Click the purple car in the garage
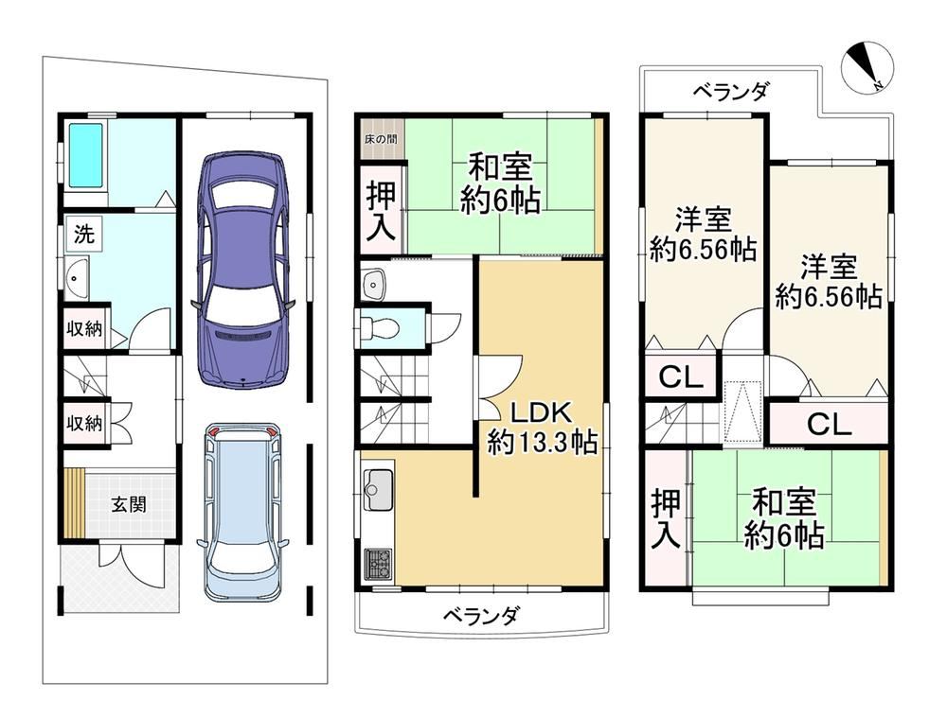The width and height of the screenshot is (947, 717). (243, 270)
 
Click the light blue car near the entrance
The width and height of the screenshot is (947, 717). (243, 512)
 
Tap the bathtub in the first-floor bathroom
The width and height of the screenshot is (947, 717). (85, 155)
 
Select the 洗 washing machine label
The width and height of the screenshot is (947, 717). (84, 235)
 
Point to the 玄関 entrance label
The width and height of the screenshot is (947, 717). (129, 503)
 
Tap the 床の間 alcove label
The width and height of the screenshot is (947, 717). (381, 139)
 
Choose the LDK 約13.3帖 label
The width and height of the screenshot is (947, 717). (542, 428)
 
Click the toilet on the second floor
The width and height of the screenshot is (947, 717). (379, 327)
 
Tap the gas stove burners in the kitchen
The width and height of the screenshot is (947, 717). (378, 565)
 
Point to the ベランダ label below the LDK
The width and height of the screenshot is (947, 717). (481, 617)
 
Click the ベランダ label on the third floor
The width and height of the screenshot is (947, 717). (731, 93)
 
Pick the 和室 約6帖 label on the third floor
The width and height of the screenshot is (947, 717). (784, 518)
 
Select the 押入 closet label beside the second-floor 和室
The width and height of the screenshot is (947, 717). (382, 211)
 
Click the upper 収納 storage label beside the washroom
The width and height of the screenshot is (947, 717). (84, 329)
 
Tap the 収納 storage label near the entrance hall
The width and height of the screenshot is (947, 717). (84, 424)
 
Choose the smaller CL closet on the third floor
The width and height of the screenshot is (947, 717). (681, 378)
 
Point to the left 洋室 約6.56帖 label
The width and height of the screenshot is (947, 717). (703, 234)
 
